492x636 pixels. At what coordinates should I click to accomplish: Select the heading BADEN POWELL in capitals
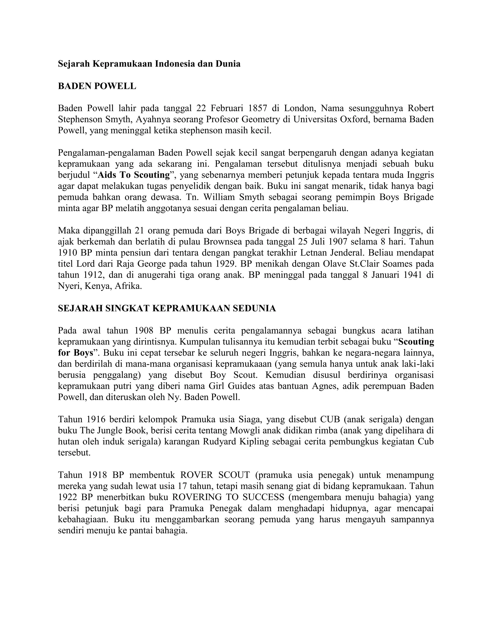[97, 86]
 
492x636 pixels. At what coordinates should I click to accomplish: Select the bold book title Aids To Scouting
[134, 175]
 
